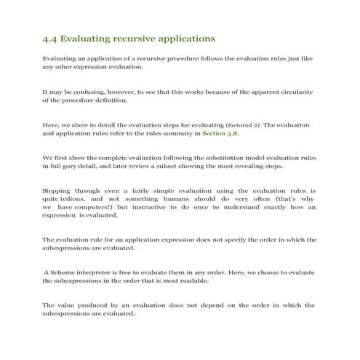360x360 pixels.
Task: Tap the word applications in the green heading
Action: click(181, 37)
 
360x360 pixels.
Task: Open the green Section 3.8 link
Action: click(220, 135)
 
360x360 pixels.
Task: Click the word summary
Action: click(162, 135)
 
